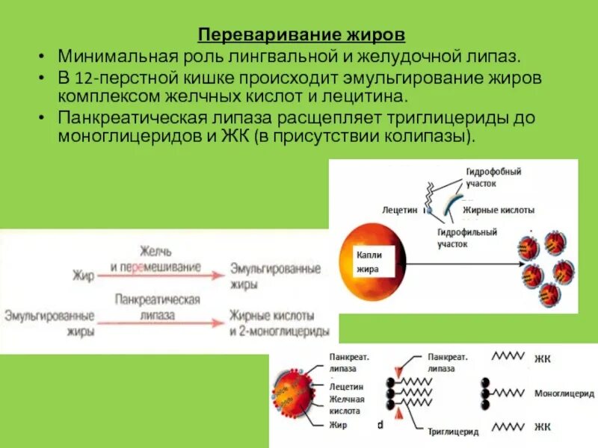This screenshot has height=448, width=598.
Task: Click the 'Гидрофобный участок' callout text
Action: (x=493, y=177)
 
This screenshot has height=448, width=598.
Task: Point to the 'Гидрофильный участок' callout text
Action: (x=467, y=237)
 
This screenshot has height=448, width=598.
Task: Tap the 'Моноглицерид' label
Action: (x=564, y=393)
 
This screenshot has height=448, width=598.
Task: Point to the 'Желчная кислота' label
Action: (x=345, y=405)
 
